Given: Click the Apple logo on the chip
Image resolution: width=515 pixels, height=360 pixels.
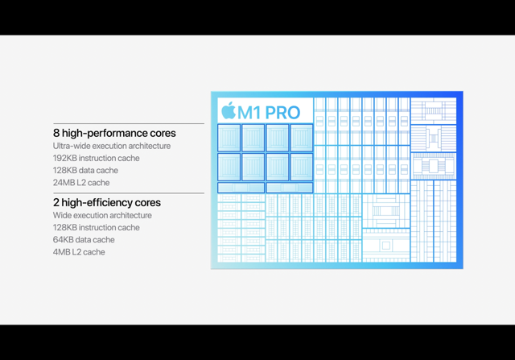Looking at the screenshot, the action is (229, 110).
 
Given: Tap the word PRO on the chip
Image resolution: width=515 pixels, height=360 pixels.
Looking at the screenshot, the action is (282, 113).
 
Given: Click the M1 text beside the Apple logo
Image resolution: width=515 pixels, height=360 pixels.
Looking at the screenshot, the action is (249, 113).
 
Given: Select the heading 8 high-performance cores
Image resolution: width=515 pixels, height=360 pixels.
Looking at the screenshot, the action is (114, 133).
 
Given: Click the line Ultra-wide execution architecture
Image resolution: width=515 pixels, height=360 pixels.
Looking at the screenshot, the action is (112, 146).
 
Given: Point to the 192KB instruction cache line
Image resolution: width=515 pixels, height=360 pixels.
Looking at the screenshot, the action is (97, 158).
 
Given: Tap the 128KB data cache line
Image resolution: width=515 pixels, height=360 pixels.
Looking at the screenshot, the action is (85, 170).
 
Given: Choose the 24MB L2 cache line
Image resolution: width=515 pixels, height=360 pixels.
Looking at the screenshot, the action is (81, 183).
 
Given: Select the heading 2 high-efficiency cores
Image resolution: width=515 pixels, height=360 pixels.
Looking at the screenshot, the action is (107, 202).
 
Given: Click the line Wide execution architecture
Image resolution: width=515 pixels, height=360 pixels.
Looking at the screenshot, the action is (102, 215).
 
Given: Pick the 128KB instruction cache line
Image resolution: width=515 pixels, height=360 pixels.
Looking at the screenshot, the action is (97, 227).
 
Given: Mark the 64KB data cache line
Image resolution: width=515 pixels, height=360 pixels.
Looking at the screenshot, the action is (84, 240).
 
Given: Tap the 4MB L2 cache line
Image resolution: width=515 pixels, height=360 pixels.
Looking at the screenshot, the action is (79, 252).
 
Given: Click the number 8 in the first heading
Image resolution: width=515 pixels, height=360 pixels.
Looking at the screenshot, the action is (56, 133).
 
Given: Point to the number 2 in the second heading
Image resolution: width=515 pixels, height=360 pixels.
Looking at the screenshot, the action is (56, 202).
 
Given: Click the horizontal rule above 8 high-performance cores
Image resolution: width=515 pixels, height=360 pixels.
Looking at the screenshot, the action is (129, 123).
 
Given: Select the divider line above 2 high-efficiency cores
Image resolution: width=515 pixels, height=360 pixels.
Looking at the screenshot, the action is (129, 193).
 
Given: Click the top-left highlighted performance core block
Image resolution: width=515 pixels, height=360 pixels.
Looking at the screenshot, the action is (229, 138).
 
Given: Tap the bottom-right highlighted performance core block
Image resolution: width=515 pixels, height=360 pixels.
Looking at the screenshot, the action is (302, 167).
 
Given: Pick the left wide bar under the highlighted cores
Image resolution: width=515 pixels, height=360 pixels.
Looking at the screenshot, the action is (241, 188).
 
